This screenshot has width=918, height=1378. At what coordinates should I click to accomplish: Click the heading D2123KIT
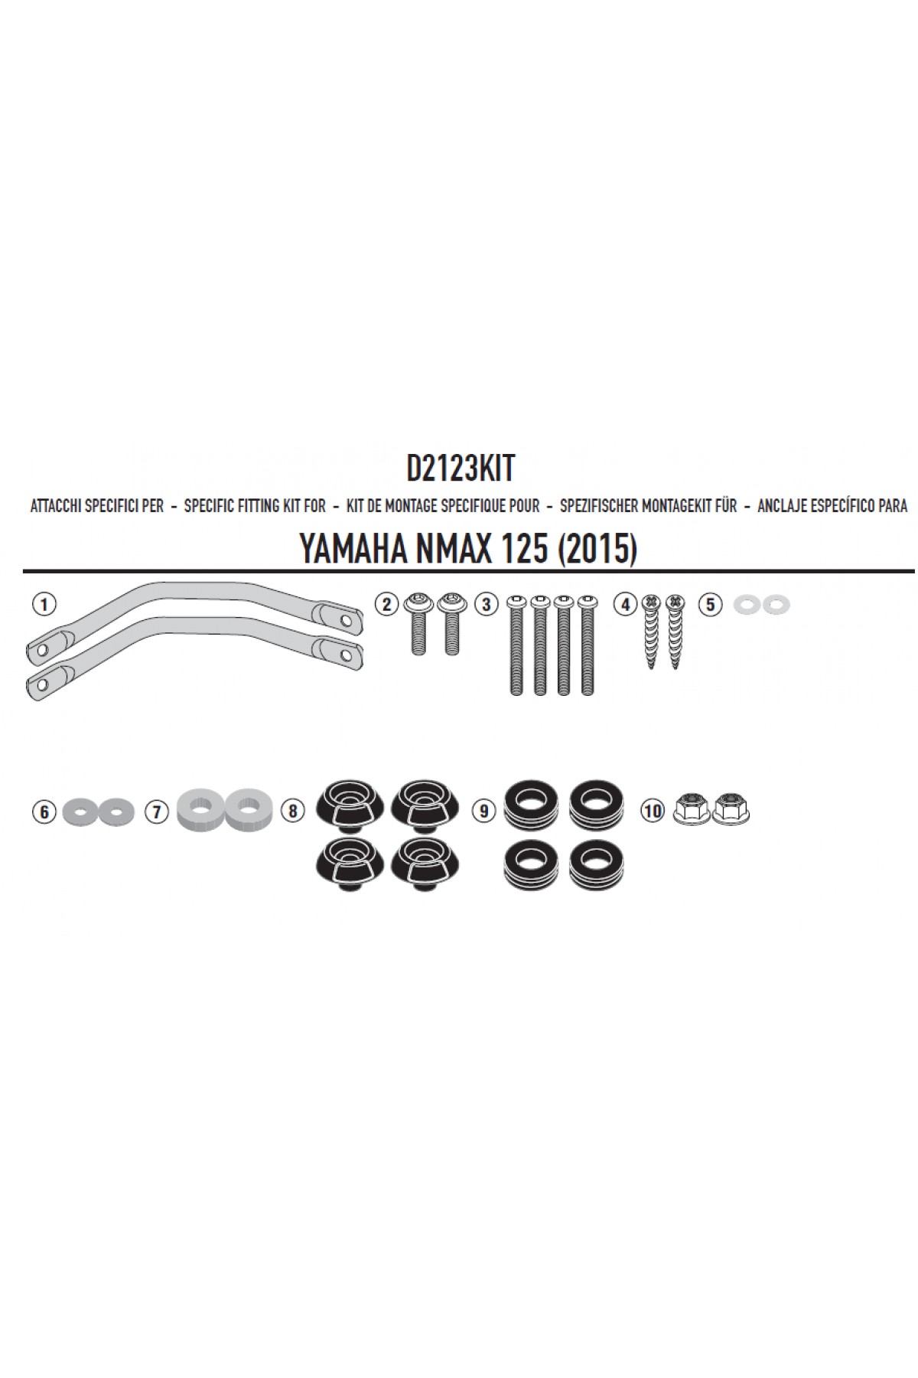point(461,469)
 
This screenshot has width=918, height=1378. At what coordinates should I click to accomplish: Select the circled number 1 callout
point(44,605)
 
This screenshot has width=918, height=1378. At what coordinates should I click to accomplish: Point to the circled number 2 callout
point(386,605)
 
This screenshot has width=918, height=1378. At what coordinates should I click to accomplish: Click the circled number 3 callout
point(485,605)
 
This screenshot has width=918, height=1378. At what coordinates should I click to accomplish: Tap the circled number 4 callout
point(626,605)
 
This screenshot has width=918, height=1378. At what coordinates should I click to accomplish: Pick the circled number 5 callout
point(710,605)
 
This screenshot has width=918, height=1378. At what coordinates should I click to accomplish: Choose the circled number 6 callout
point(44,811)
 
